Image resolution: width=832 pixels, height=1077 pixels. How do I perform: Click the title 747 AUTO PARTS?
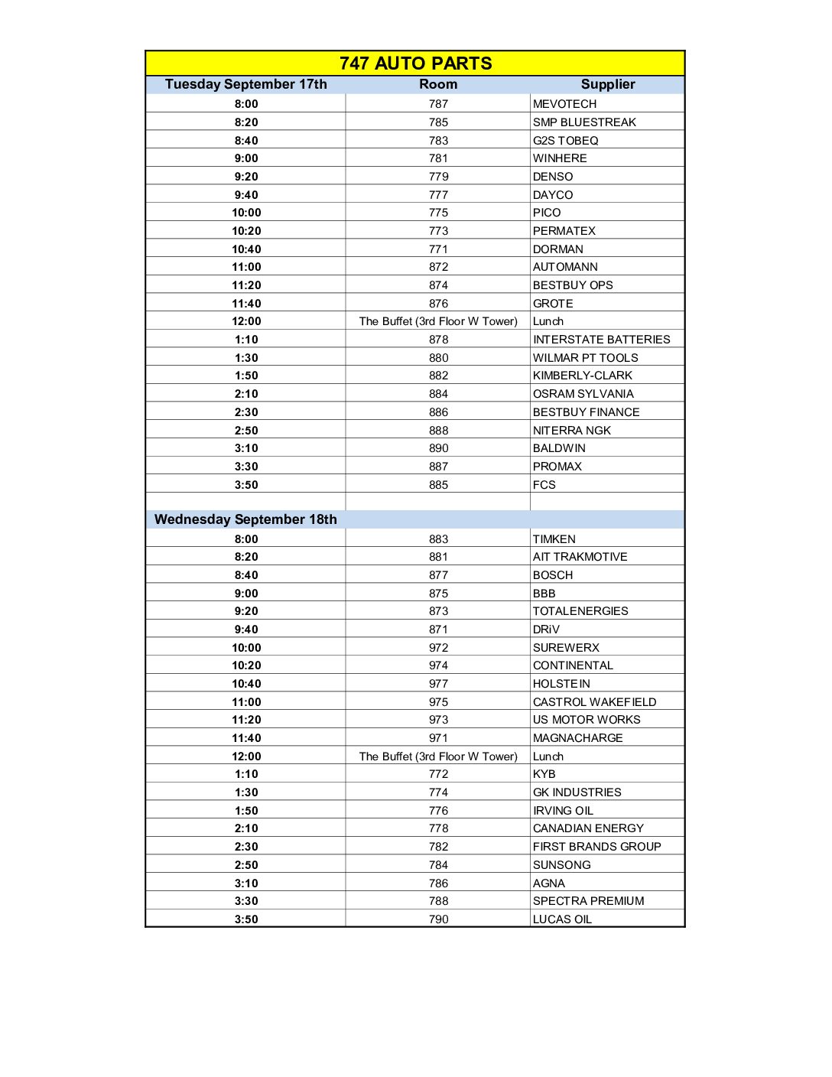pos(415,63)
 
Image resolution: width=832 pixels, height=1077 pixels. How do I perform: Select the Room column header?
pos(438,84)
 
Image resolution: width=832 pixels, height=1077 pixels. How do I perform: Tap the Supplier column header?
pos(607,84)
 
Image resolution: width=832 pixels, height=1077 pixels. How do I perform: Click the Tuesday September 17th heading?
pos(245,84)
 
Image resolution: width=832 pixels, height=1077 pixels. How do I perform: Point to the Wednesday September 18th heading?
pos(245,519)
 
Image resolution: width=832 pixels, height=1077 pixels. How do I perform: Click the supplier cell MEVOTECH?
pos(564,104)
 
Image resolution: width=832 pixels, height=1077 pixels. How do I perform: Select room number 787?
pos(438,104)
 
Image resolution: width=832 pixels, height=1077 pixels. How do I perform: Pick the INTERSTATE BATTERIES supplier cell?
pos(601,340)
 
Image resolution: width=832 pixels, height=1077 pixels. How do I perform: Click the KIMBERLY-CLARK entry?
pos(582,376)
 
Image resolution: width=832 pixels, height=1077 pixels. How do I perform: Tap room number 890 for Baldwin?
pos(438,448)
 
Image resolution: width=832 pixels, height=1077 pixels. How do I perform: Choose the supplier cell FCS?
pos(544,485)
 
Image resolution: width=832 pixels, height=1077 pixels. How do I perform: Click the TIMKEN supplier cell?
pos(554,539)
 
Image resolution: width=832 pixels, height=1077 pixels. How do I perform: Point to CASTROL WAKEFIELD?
pos(594,702)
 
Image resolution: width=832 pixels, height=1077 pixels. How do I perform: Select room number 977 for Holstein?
pos(438,684)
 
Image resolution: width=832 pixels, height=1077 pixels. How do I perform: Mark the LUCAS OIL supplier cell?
pos(562,919)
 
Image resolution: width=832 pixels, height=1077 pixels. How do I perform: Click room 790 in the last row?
pos(438,919)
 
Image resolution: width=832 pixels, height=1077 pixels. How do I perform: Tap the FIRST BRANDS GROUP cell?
pos(596,847)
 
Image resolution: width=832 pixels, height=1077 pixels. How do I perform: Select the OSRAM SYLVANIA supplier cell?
pos(583,394)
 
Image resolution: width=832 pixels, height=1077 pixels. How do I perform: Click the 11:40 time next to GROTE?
pos(246,304)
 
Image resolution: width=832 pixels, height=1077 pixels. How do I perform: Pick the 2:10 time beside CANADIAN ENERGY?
pos(246,828)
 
